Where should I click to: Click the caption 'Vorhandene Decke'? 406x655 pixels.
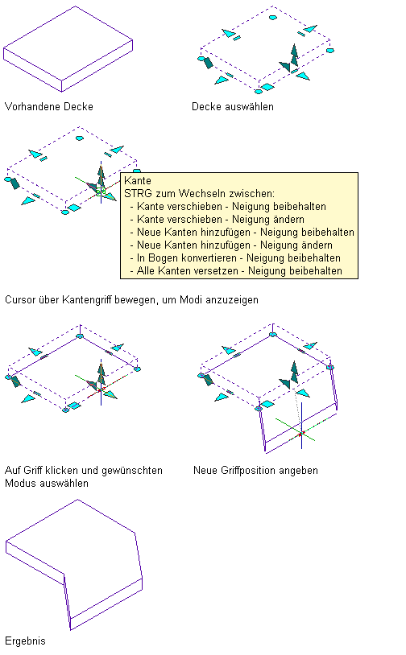point(49,106)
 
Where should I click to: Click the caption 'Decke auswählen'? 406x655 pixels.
point(233,106)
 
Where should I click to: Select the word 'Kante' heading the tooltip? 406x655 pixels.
point(138,180)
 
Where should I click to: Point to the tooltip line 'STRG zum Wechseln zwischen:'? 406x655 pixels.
point(200,193)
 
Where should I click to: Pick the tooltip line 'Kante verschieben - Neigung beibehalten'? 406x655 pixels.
point(231,206)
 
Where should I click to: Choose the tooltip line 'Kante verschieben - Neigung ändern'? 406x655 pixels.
point(221,220)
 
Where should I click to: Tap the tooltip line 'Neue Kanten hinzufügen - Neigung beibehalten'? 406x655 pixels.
point(246,233)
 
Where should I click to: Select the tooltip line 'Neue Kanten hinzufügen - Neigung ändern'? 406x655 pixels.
point(234,245)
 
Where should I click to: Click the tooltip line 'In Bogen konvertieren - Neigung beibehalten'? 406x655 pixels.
point(238,258)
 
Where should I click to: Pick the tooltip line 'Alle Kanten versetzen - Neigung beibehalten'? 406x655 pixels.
point(239,271)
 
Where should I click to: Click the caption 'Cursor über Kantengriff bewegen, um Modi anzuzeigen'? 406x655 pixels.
point(132,300)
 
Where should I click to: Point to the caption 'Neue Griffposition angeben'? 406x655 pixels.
point(255,471)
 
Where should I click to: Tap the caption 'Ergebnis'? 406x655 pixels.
point(25,641)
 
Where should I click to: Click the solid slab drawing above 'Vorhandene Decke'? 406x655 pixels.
point(68,49)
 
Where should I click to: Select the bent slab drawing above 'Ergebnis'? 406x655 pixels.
point(74,564)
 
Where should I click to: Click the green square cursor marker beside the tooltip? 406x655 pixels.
point(101,192)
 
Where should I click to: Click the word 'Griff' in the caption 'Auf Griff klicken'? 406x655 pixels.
point(33,471)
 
